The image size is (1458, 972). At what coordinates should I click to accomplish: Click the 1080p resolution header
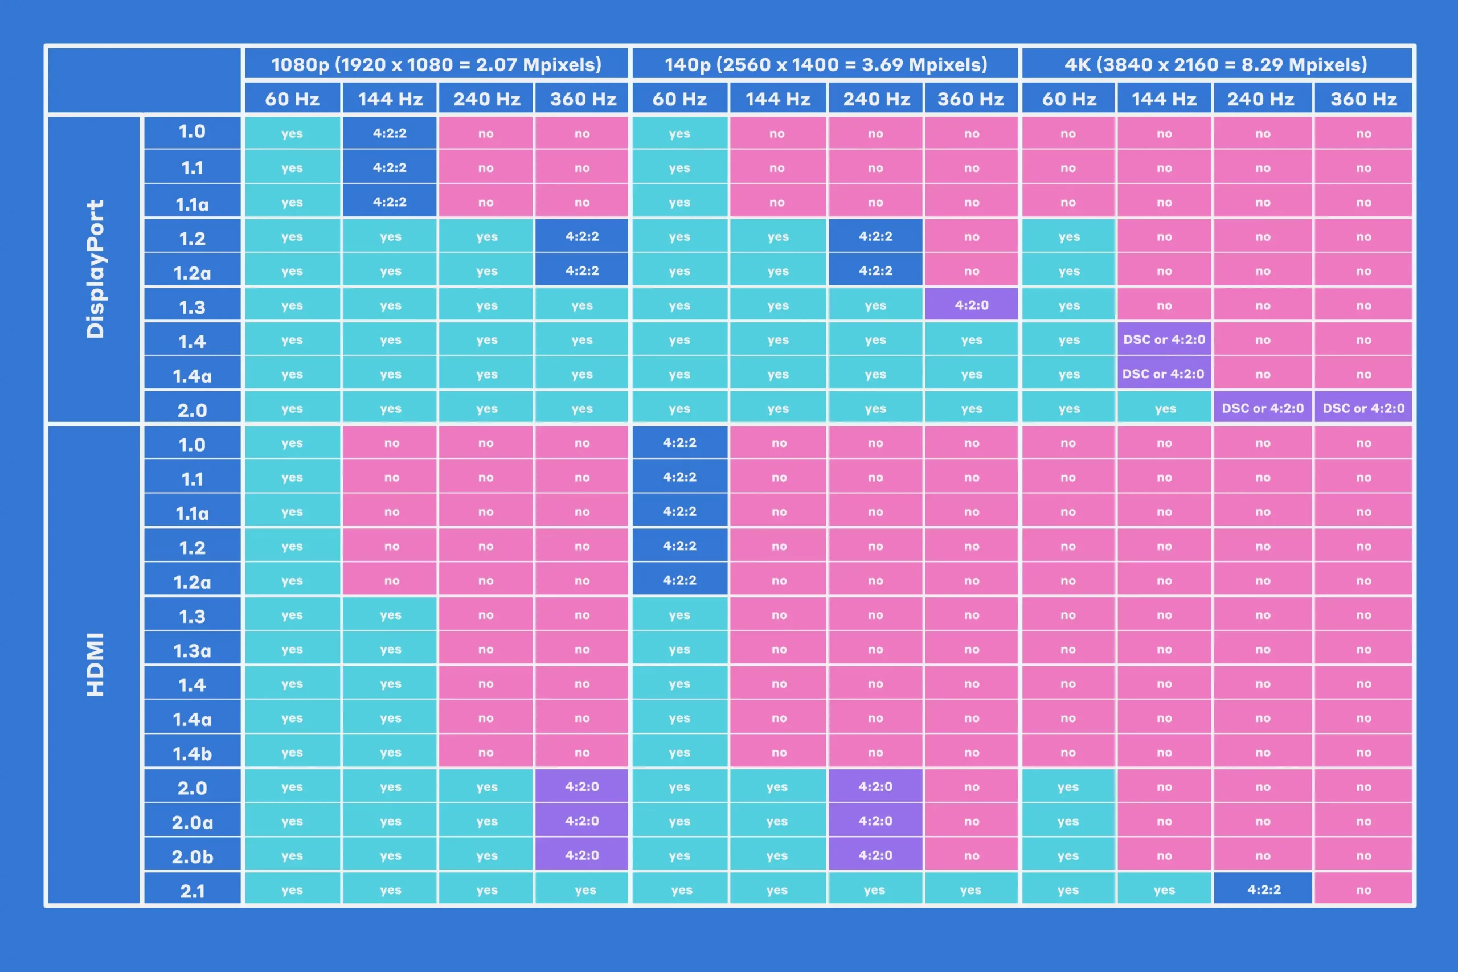click(436, 64)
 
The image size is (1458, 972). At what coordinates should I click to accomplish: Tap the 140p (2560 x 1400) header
click(825, 64)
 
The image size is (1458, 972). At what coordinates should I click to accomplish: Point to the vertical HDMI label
click(95, 665)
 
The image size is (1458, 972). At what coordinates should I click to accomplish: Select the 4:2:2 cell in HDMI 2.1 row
click(1263, 889)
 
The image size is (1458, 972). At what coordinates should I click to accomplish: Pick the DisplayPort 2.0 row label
click(192, 409)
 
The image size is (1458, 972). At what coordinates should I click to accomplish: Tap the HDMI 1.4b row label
click(192, 753)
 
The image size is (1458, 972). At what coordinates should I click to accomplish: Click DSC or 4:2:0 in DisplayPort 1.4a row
click(1163, 374)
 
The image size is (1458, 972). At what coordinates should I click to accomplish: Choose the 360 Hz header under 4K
click(1363, 99)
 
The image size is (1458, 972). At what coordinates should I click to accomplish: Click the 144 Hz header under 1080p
click(390, 99)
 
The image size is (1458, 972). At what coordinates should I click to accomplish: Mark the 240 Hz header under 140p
click(876, 99)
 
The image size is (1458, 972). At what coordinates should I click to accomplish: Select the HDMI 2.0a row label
click(192, 822)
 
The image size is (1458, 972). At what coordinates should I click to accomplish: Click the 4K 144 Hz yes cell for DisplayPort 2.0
click(1164, 408)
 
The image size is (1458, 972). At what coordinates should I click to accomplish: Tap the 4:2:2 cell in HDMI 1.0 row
click(679, 442)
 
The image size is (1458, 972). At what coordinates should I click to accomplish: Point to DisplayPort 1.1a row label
click(192, 203)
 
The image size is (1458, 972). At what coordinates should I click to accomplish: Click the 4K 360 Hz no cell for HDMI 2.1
click(1363, 890)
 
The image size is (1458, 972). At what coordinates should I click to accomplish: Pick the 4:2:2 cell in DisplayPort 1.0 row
click(390, 133)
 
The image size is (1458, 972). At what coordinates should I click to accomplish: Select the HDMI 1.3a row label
click(192, 650)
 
